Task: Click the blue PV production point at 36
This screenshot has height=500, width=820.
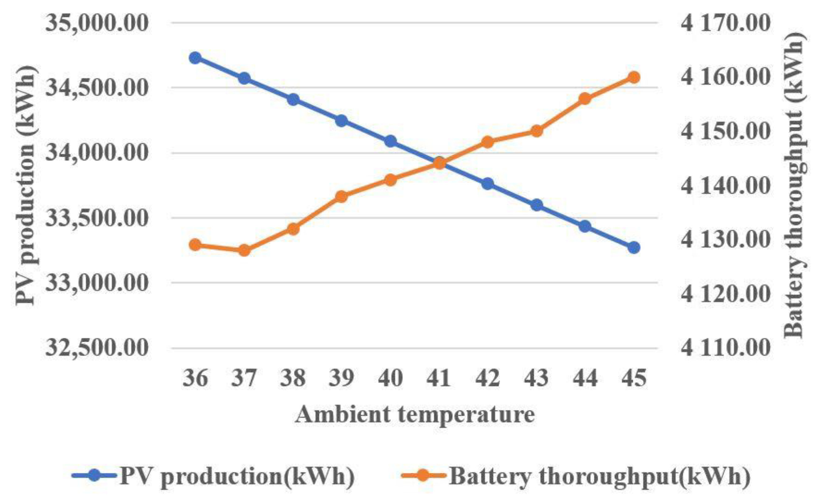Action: [196, 58]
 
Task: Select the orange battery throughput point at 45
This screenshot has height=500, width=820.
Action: [634, 77]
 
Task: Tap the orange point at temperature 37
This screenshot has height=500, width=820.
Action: [245, 250]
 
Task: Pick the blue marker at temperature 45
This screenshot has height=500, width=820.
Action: [634, 247]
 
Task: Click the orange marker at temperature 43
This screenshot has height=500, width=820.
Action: [536, 131]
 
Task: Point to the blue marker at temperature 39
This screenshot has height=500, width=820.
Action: [342, 121]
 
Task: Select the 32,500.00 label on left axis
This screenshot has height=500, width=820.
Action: [97, 348]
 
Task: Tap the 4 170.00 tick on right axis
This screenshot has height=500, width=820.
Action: [726, 23]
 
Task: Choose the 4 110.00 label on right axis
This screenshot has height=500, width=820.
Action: [726, 348]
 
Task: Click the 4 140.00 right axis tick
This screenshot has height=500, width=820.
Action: [726, 186]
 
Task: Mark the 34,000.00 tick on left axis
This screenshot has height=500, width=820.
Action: [97, 153]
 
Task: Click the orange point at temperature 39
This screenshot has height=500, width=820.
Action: [342, 197]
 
